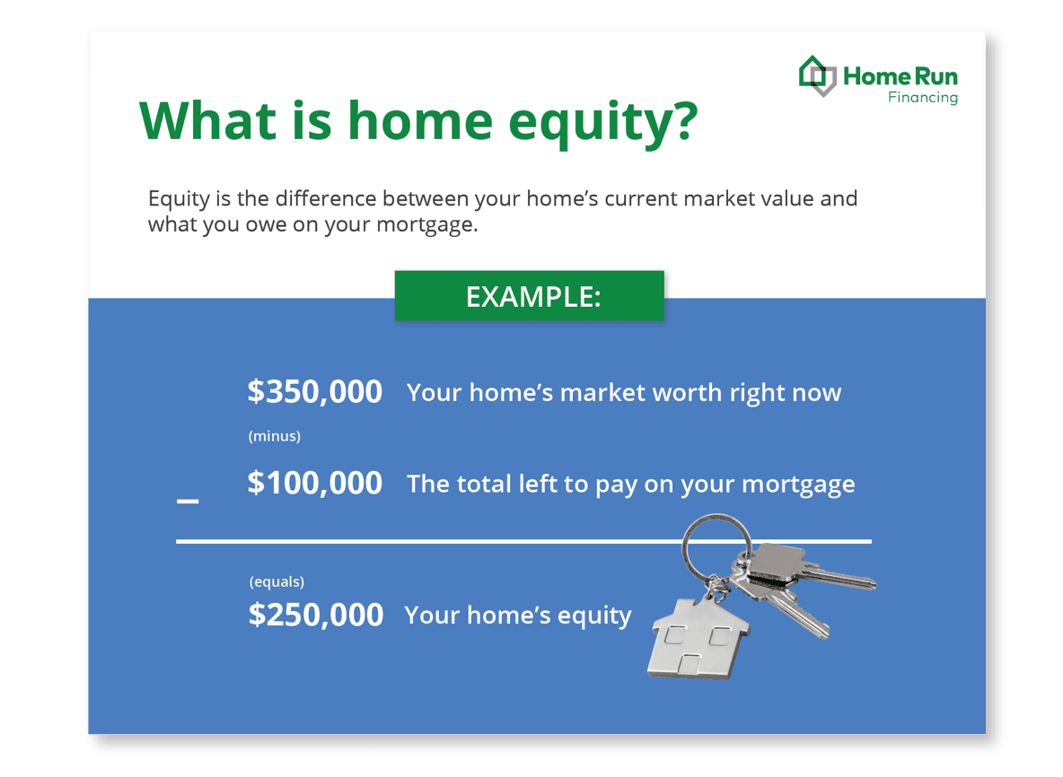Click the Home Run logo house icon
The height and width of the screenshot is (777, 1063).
(817, 76)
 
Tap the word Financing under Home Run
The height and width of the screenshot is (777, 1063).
(922, 97)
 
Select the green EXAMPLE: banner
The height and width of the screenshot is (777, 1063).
(530, 296)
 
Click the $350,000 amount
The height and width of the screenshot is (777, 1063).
(314, 392)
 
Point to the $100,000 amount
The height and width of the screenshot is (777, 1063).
(314, 484)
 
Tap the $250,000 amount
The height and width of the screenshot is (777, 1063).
(315, 615)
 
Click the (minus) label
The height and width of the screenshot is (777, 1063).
(274, 436)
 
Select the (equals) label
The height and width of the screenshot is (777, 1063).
(277, 581)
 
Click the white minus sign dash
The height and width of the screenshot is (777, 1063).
(188, 502)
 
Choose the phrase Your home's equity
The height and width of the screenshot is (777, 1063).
(517, 615)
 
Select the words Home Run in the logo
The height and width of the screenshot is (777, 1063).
(900, 77)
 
